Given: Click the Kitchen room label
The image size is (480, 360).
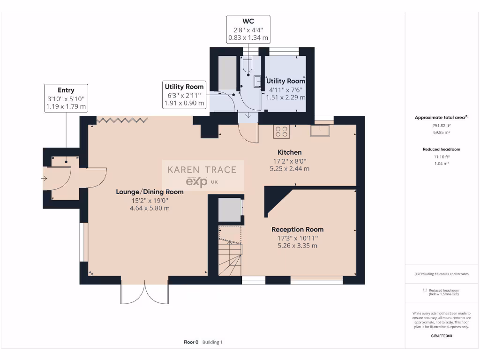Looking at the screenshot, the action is (x=289, y=152).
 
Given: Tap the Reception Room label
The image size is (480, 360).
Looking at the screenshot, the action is (x=297, y=230).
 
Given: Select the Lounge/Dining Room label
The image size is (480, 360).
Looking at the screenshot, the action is (x=150, y=192).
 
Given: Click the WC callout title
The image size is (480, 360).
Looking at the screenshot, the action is (x=248, y=21).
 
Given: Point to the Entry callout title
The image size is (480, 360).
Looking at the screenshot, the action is (x=66, y=90).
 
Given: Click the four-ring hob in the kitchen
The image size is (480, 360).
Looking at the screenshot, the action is (x=281, y=132).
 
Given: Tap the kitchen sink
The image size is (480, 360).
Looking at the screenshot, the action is (x=320, y=130).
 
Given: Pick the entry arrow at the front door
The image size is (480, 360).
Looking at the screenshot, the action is (x=45, y=179).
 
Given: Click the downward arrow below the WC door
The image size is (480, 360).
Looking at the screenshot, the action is (x=248, y=115).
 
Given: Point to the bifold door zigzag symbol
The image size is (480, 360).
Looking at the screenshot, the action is (x=122, y=120).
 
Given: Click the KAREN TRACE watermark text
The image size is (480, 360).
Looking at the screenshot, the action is (x=202, y=170).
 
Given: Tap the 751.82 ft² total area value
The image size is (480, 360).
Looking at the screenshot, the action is (x=442, y=126).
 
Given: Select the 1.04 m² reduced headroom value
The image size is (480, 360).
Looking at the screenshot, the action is (x=442, y=164).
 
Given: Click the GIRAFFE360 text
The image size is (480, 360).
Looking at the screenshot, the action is (x=442, y=336).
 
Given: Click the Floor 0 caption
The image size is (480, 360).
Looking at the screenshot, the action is (x=191, y=342).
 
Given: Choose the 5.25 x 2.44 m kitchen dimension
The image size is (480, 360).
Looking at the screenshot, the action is (x=289, y=169).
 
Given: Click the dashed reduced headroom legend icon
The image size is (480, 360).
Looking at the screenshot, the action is (x=425, y=290).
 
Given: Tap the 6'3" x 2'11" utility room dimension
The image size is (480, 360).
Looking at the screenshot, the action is (x=184, y=96).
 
